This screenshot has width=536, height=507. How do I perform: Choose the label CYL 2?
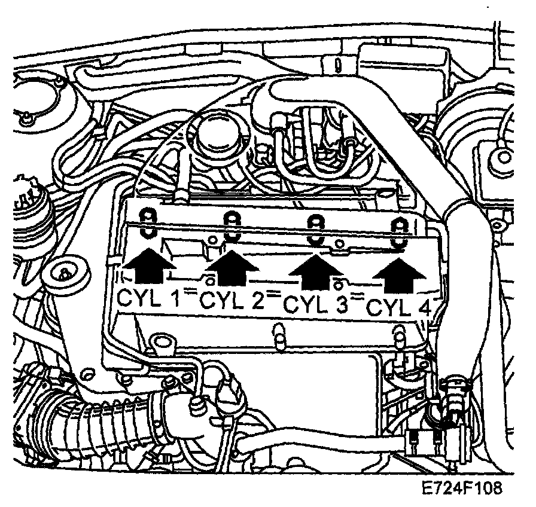(233, 301)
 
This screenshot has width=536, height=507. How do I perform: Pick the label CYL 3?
(315, 305)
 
